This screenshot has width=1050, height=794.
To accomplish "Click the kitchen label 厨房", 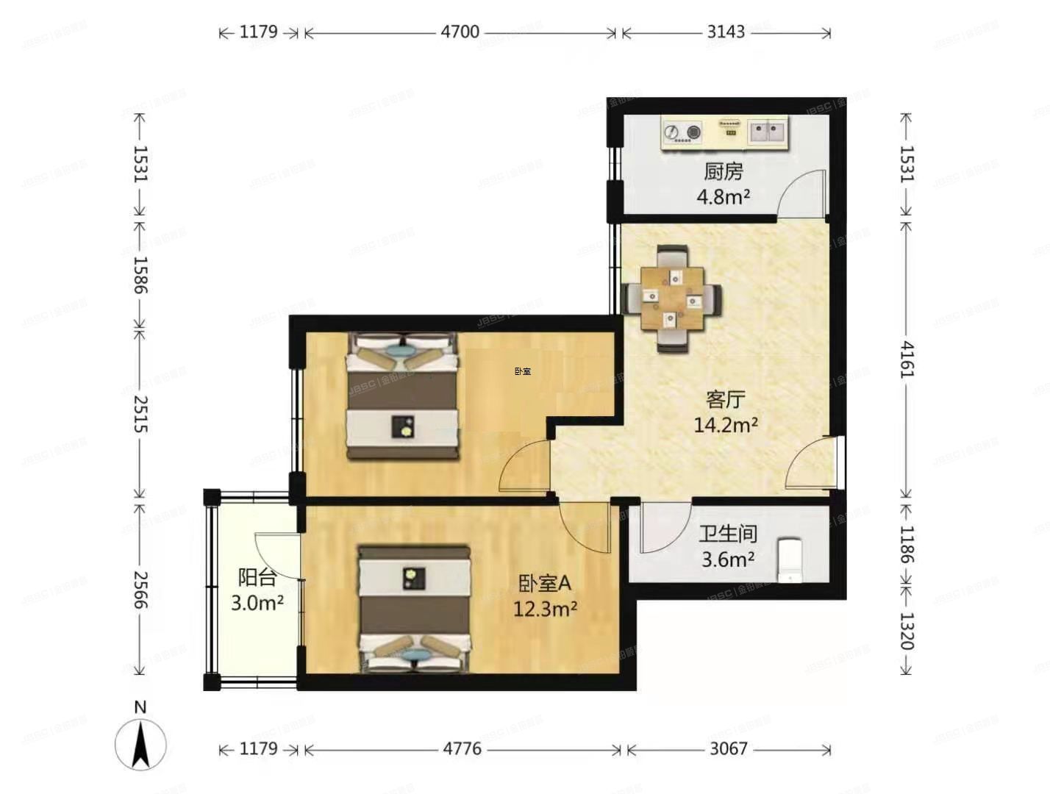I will pyautogui.click(x=724, y=171).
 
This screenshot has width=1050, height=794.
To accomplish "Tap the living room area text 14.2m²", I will pyautogui.click(x=726, y=425).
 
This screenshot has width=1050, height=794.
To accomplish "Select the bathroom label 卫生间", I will pyautogui.click(x=727, y=534).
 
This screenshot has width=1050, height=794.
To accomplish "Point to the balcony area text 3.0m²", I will pyautogui.click(x=257, y=604).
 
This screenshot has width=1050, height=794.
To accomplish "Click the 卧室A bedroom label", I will pyautogui.click(x=544, y=584).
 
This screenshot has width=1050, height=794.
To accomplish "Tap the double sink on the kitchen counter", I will pyautogui.click(x=767, y=132).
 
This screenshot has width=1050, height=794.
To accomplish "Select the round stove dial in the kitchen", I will pyautogui.click(x=671, y=132).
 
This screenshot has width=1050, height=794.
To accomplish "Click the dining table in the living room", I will pyautogui.click(x=671, y=298).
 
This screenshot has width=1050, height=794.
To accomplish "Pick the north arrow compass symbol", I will pyautogui.click(x=140, y=743).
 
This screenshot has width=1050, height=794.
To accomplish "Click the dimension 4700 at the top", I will pyautogui.click(x=460, y=32).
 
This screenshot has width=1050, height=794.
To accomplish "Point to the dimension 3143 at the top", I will pyautogui.click(x=726, y=32).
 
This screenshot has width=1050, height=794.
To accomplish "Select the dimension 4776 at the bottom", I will pyautogui.click(x=462, y=748).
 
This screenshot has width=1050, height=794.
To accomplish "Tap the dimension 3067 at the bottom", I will pyautogui.click(x=728, y=748).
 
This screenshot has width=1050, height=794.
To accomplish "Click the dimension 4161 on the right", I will pyautogui.click(x=907, y=360).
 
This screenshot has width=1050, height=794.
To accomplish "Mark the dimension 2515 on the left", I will pyautogui.click(x=140, y=415).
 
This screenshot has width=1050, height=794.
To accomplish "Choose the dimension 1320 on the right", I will pyautogui.click(x=907, y=631).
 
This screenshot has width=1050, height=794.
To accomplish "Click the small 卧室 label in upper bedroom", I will pyautogui.click(x=523, y=371).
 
